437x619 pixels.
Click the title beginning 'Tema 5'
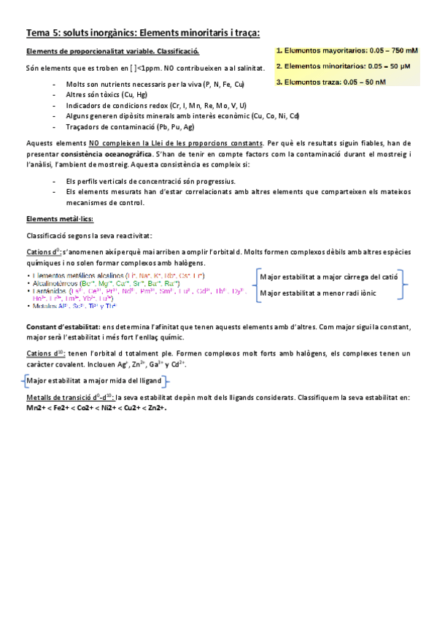142,32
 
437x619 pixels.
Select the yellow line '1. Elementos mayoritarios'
347,52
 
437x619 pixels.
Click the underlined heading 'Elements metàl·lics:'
59,219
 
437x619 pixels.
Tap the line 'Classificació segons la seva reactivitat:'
89,236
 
